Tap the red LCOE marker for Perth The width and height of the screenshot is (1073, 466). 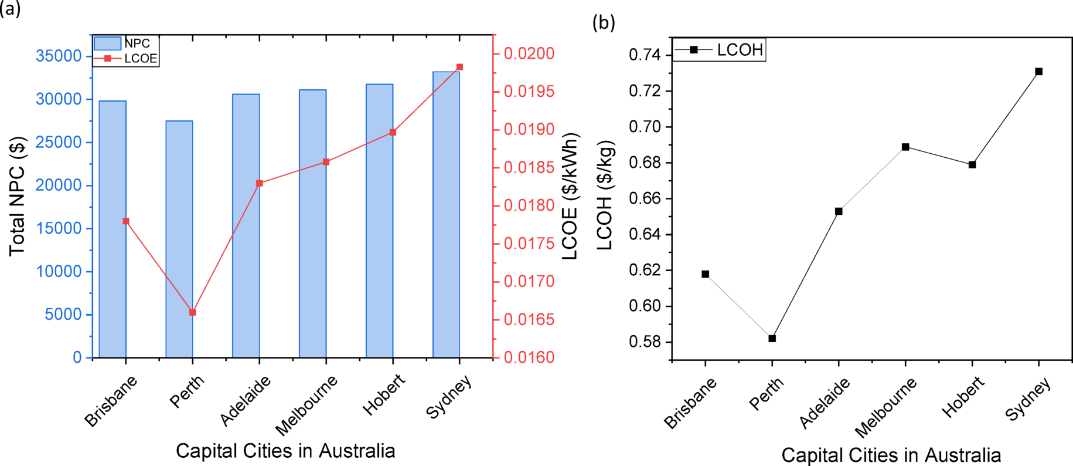193,312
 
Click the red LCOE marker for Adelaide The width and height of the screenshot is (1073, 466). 260,183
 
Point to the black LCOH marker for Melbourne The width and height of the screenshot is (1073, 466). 905,147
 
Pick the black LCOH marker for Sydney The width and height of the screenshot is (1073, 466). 1039,72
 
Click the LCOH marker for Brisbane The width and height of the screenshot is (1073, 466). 706,274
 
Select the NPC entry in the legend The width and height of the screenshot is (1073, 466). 137,43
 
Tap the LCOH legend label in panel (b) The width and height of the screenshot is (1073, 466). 740,50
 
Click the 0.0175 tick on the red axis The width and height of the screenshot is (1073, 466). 529,244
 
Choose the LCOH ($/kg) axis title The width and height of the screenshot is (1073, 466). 605,195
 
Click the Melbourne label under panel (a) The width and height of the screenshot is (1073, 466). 306,405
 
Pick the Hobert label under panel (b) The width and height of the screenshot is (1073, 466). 963,397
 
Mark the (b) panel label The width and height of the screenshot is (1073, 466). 604,23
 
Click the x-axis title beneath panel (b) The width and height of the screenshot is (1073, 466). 891,455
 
